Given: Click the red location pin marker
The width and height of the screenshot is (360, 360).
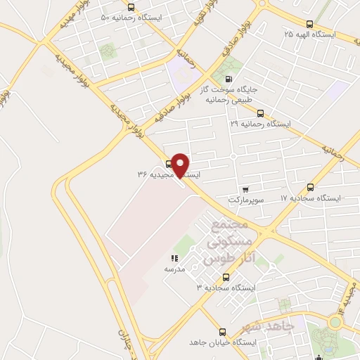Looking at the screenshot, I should [181, 165].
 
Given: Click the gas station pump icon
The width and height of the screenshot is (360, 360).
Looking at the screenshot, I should [227, 79].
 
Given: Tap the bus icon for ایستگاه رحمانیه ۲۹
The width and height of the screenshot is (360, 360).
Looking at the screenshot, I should [260, 112].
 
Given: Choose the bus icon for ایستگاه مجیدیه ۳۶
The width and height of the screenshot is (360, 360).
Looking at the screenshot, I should [169, 163].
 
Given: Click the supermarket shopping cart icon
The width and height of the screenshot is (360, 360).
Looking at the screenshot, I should [245, 188].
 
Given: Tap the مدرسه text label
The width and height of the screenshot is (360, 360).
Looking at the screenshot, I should [174, 269].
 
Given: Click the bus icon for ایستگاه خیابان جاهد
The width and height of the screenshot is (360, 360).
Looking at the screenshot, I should [223, 331].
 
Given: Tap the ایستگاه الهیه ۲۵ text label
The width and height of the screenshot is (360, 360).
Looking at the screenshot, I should [309, 34].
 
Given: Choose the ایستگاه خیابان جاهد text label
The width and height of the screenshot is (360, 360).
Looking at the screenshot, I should [224, 342].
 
